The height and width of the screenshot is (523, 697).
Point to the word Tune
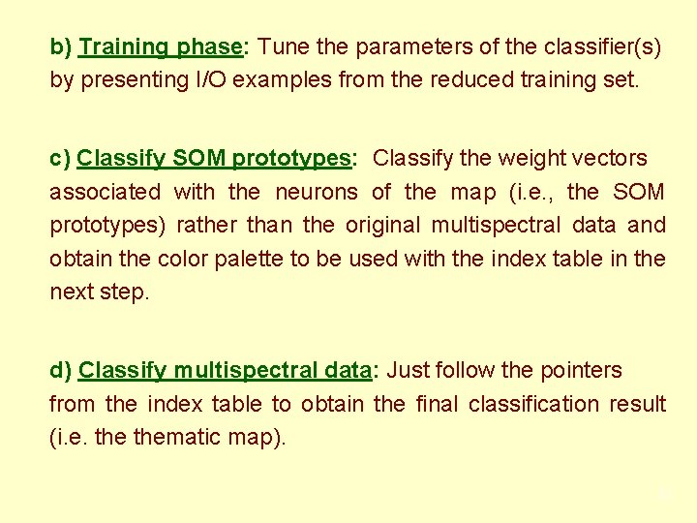(284, 46)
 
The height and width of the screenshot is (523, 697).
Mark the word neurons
(317, 192)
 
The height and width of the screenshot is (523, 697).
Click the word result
(638, 404)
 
